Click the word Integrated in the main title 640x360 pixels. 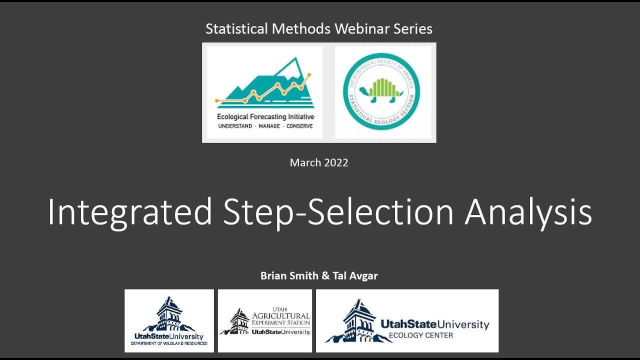[130, 212]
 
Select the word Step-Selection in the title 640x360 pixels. [338, 212]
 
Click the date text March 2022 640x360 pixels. [319, 162]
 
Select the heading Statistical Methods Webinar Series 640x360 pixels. [319, 29]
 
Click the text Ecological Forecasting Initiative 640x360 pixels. [265, 116]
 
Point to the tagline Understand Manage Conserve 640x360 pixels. [265, 126]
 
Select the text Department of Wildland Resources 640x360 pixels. [169, 343]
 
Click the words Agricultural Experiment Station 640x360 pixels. [281, 319]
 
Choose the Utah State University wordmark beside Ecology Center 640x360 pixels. [434, 324]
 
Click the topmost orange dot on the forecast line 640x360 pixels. [309, 75]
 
